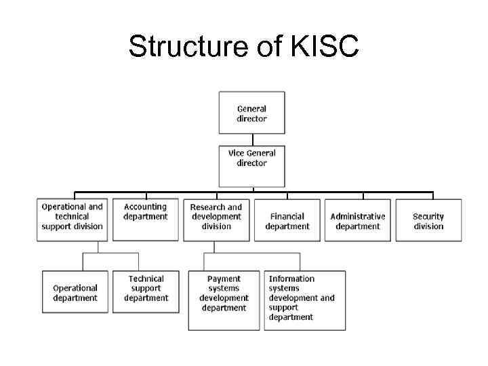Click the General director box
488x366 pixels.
coord(251,113)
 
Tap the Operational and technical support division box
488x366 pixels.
coord(72,220)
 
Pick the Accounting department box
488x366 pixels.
coord(146,220)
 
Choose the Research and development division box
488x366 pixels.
coord(216,220)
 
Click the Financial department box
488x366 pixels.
coord(287,220)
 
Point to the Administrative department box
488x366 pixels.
coord(358,220)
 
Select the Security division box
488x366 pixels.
coord(428,220)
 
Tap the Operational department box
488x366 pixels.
coord(75,291)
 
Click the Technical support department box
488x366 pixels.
coord(146,291)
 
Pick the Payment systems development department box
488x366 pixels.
coord(224,300)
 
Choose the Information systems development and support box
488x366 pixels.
coord(304,300)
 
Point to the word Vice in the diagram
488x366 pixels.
coord(236,154)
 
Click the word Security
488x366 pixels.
coord(428,217)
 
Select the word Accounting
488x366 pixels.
coord(145,207)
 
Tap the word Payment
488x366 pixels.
coord(224,279)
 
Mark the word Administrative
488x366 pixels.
coord(358,217)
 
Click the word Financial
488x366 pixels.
coord(287,217)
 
